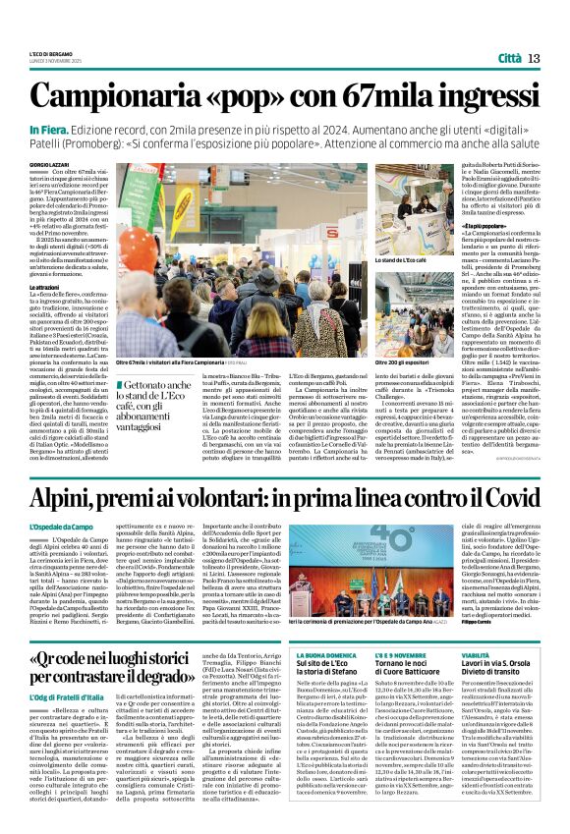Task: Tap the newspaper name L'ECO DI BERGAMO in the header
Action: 52,54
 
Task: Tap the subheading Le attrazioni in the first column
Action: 46,286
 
